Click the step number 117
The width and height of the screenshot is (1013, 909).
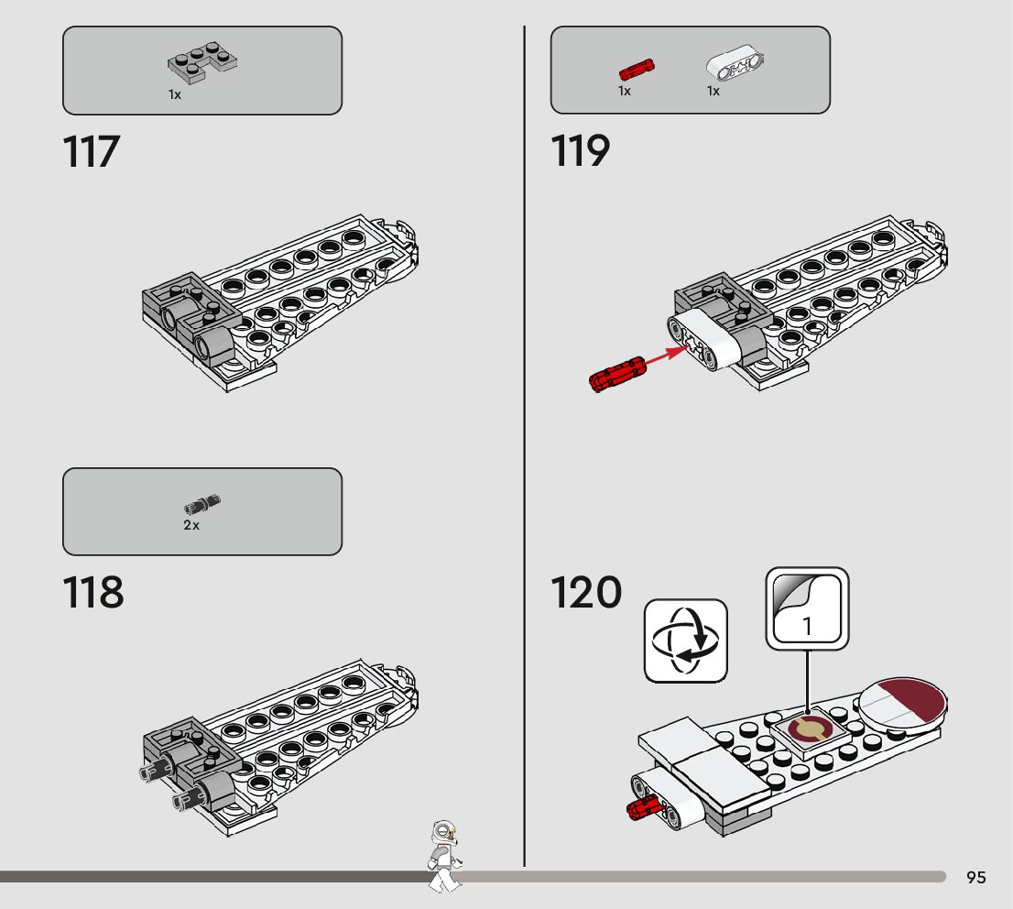click(x=92, y=151)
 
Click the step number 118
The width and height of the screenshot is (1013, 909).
click(x=93, y=593)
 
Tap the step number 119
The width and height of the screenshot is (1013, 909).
click(x=580, y=151)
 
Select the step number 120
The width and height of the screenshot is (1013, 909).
click(x=585, y=593)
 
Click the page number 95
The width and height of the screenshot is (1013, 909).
click(x=976, y=878)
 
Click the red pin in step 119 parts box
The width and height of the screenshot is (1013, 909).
click(x=636, y=69)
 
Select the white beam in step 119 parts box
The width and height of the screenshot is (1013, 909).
click(x=735, y=64)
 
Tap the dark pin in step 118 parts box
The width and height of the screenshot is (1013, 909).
click(x=202, y=504)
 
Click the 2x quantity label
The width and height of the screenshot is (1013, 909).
click(x=191, y=526)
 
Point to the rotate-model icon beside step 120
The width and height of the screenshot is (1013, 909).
click(x=685, y=641)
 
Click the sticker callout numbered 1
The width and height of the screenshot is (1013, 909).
click(x=807, y=609)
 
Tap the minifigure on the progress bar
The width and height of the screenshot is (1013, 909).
click(x=444, y=855)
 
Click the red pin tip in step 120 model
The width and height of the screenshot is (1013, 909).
click(x=640, y=806)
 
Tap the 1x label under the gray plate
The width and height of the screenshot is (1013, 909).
click(x=175, y=94)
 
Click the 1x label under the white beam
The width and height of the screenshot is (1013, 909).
click(x=713, y=91)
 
